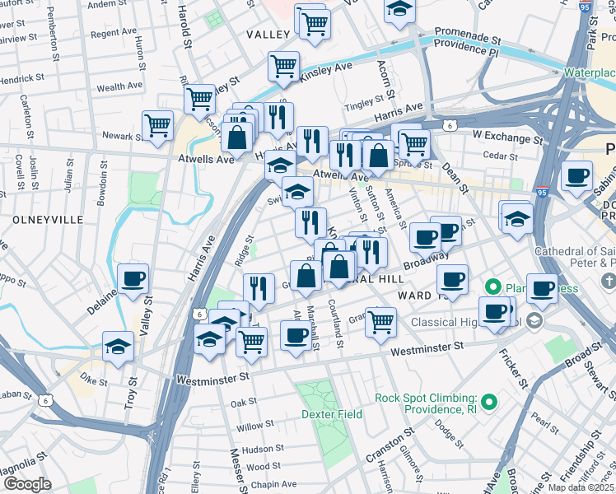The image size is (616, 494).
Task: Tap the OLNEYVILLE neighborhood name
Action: click(48, 220)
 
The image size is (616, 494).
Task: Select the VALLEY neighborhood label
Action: click(268, 35)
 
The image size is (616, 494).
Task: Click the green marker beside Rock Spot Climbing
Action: click(490, 403)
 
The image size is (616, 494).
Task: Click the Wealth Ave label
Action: click(121, 86)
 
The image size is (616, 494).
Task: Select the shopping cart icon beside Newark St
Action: click(157, 125)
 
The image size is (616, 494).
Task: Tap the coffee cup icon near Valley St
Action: click(133, 278)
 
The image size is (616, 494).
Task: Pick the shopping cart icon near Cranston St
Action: click(380, 322)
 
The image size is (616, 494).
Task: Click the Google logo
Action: click(27, 484)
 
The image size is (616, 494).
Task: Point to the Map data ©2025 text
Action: click(581, 487)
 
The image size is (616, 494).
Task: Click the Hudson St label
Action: click(263, 449)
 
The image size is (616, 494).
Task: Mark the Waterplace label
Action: click(589, 72)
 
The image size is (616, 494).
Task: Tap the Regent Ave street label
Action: click(114, 33)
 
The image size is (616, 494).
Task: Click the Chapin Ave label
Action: click(273, 485)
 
